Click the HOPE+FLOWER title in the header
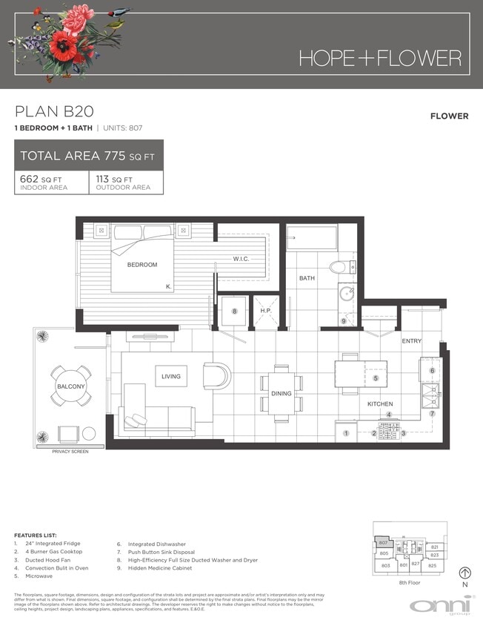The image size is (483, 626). (x=380, y=58)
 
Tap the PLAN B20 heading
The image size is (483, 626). (x=54, y=112)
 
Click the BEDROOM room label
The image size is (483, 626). (x=141, y=265)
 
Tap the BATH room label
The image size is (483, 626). (x=307, y=278)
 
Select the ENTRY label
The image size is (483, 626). (x=412, y=340)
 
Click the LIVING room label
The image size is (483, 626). (x=171, y=377)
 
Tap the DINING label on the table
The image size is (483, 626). (x=282, y=394)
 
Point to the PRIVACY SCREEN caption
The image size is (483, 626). (x=70, y=452)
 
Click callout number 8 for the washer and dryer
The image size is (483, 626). (x=234, y=312)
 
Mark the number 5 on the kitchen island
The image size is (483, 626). (x=376, y=378)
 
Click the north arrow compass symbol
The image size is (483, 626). (x=464, y=573)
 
